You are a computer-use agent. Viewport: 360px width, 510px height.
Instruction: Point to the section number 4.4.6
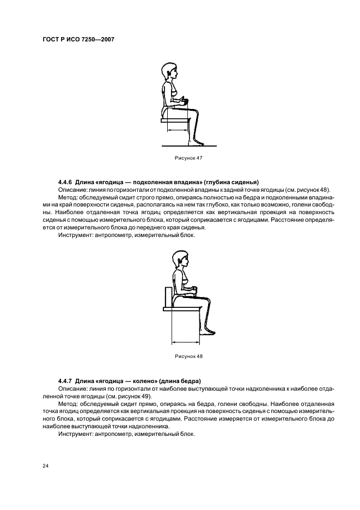[66, 182]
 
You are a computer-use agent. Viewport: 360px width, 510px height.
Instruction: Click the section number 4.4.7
[66, 380]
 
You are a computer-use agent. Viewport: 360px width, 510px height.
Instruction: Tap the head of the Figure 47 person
[167, 72]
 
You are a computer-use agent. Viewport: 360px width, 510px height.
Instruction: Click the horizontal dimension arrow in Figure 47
[178, 131]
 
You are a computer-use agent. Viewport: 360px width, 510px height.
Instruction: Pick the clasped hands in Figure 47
[185, 101]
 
